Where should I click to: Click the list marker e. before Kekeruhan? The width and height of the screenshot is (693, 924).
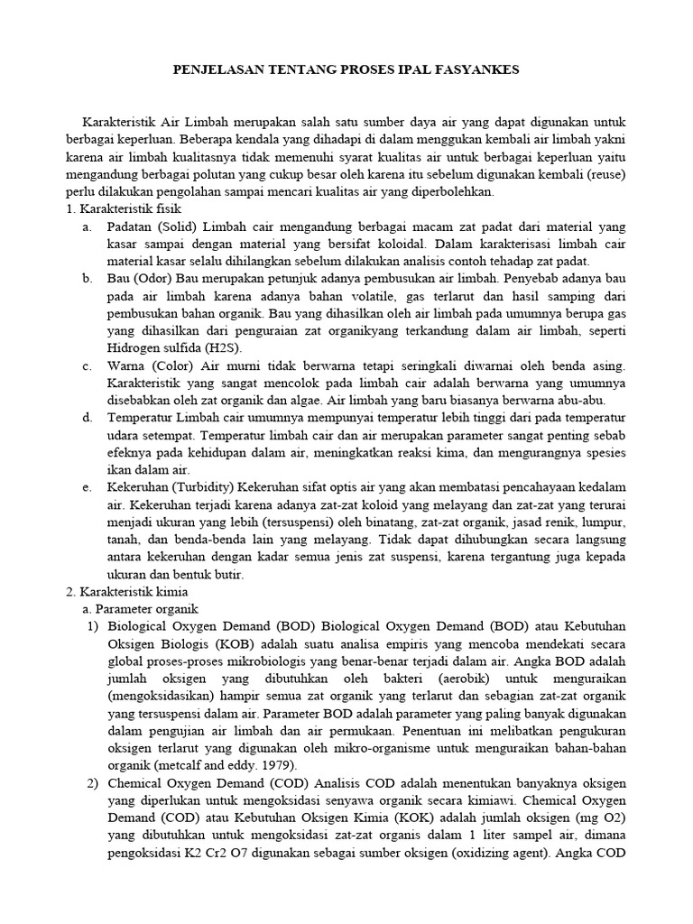(x=87, y=488)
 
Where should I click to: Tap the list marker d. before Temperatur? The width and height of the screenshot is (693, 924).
(x=87, y=418)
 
